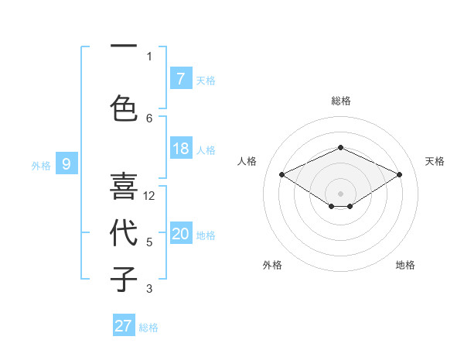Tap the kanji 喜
click(x=124, y=187)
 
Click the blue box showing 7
click(x=181, y=79)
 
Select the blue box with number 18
click(x=181, y=149)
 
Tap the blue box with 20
click(x=181, y=234)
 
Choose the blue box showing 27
click(x=124, y=326)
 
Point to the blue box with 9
click(x=67, y=163)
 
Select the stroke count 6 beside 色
click(x=149, y=118)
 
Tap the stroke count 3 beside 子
click(x=149, y=289)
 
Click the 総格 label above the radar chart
click(x=340, y=101)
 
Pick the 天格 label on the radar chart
click(x=435, y=161)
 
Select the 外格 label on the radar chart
click(x=272, y=265)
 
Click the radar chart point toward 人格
click(x=281, y=174)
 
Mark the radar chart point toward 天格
click(x=399, y=174)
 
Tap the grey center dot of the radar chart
click(x=340, y=193)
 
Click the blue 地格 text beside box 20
click(x=206, y=235)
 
